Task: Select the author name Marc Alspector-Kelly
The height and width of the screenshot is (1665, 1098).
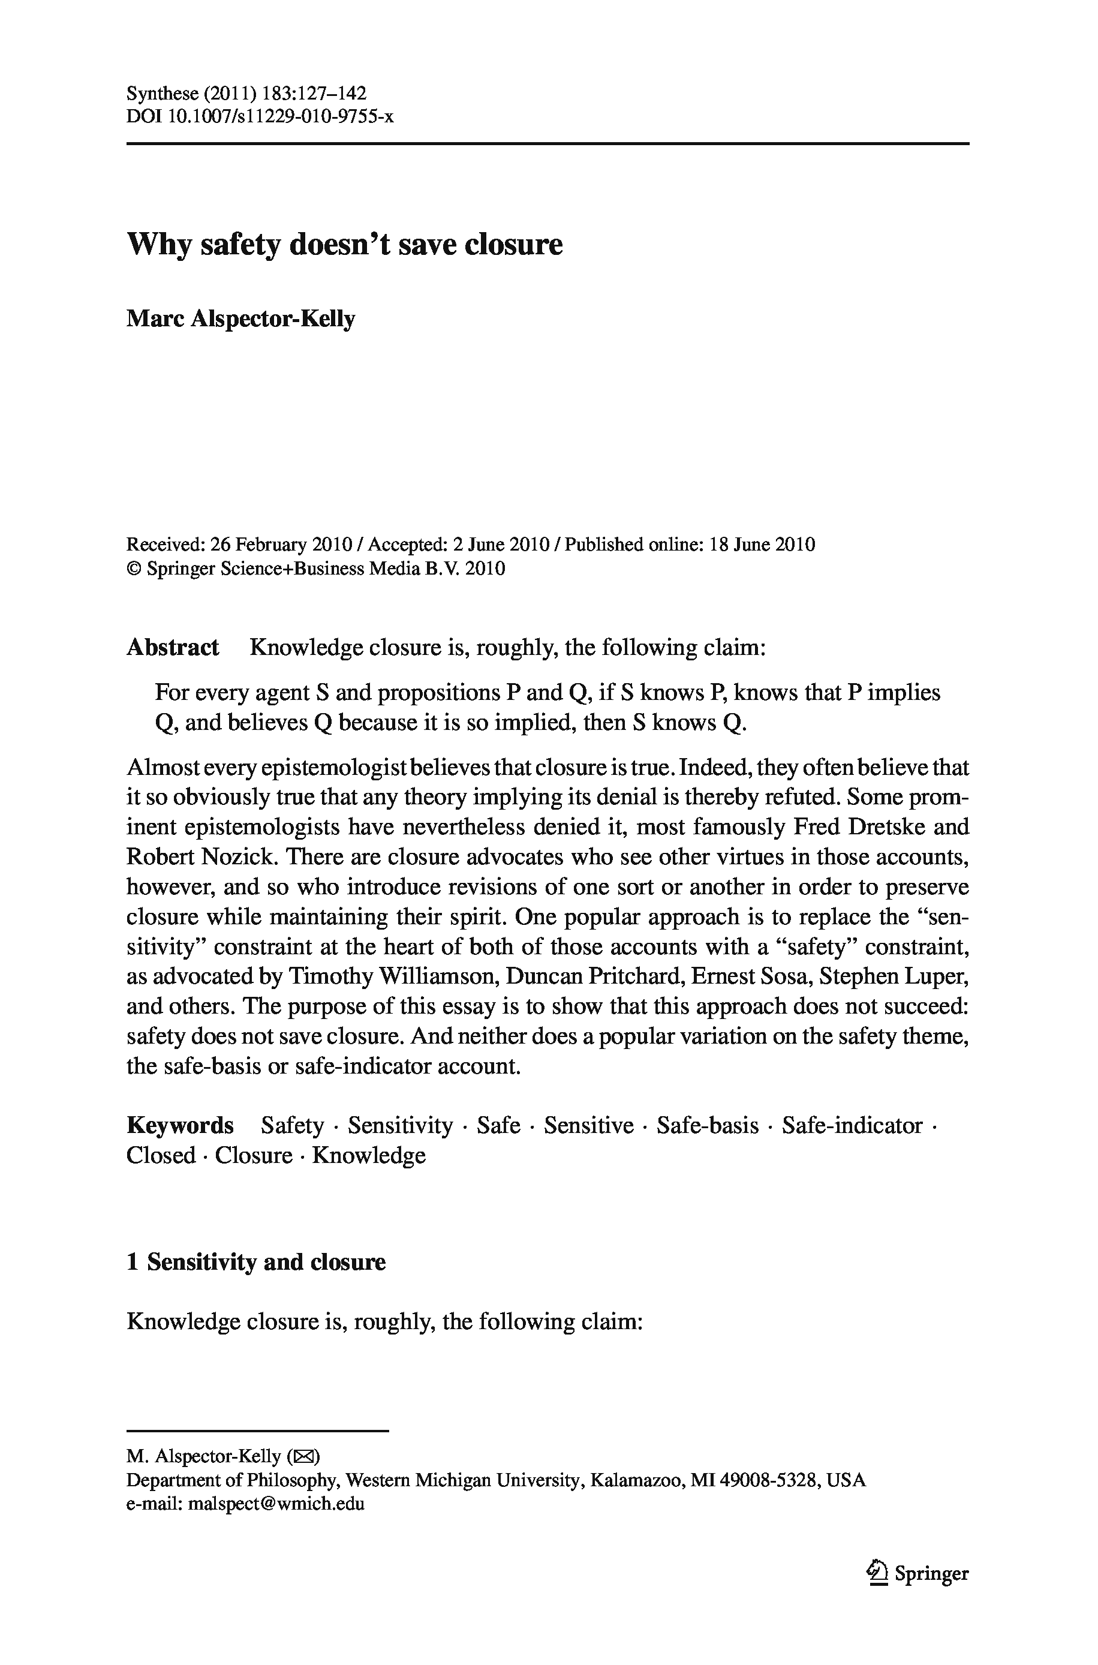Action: [x=240, y=319]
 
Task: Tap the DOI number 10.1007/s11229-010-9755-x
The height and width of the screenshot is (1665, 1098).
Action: [x=281, y=116]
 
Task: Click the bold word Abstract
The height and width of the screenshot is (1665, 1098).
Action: [x=172, y=647]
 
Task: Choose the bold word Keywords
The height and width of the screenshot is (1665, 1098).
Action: [x=179, y=1125]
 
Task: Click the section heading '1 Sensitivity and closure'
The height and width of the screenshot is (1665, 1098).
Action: [x=255, y=1262]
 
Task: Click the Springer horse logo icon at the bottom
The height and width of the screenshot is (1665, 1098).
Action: [x=876, y=1573]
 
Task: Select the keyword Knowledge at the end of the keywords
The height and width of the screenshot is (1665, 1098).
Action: [x=369, y=1155]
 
